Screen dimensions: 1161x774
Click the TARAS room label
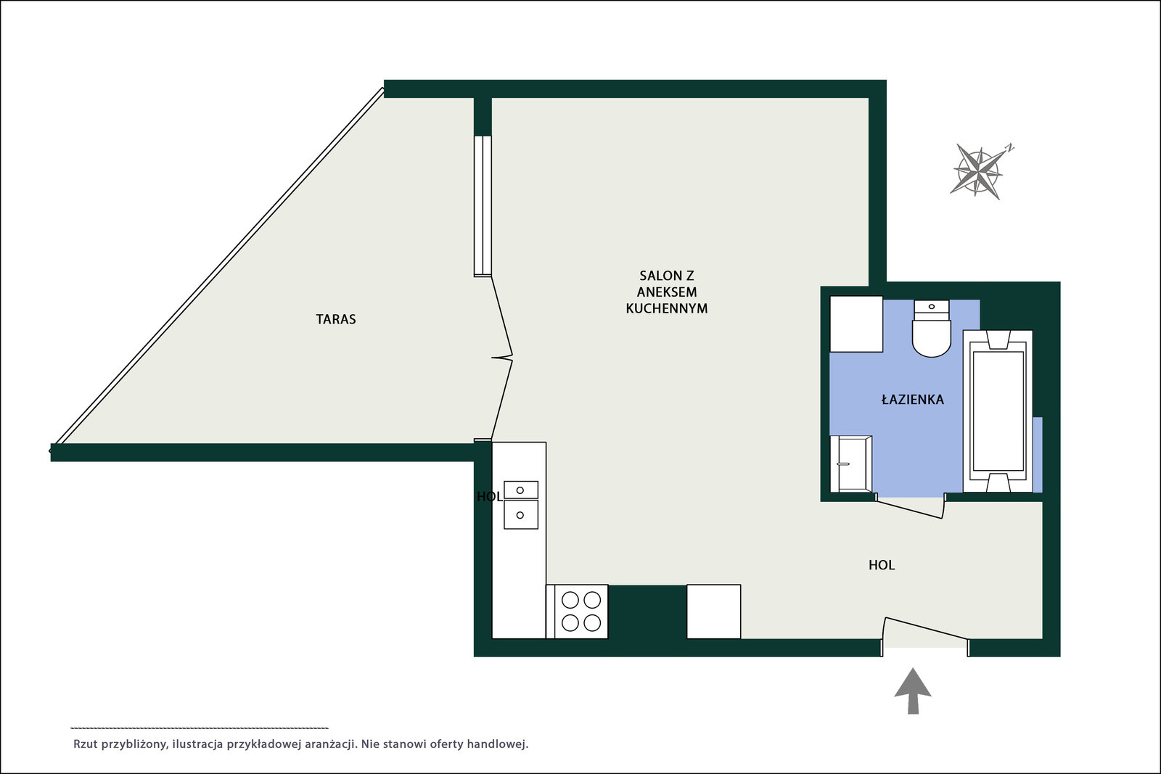(336, 319)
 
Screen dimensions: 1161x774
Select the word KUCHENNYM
(667, 308)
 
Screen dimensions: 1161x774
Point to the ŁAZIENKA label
(912, 400)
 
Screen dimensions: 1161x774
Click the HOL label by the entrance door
(882, 565)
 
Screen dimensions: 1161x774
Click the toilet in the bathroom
(932, 329)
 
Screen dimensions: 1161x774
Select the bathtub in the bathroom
(998, 411)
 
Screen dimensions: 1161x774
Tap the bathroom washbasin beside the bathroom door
(851, 464)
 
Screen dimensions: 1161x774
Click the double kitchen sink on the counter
(521, 505)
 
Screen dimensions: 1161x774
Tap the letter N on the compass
(1009, 148)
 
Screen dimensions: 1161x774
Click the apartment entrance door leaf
(926, 628)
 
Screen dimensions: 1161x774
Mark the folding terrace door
(501, 358)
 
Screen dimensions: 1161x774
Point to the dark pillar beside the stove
(647, 612)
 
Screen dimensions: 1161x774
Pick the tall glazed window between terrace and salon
(483, 206)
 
